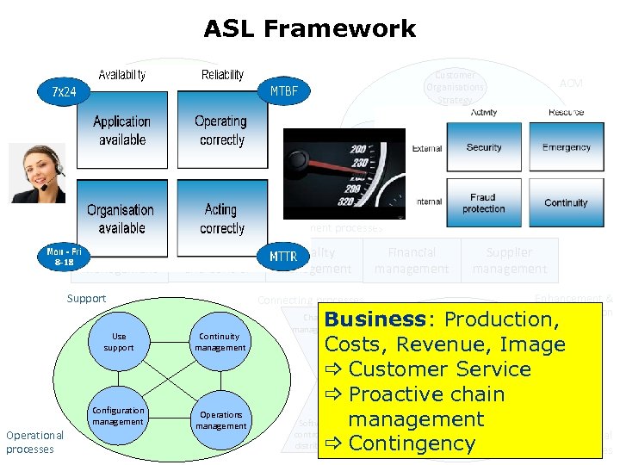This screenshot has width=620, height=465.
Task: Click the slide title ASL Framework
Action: coord(309,28)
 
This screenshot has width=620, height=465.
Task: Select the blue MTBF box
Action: coord(284,90)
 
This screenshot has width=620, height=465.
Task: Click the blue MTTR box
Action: coord(283,256)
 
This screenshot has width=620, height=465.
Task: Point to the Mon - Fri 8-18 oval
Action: coord(65,256)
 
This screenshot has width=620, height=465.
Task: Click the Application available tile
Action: coord(121,131)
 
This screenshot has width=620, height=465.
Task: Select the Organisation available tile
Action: coord(121,219)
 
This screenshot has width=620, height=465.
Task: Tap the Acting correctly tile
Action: coord(221,219)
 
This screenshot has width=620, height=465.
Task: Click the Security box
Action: coord(484,147)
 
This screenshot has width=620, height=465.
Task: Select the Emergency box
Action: coord(566,147)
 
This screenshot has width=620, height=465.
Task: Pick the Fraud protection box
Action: coord(484,203)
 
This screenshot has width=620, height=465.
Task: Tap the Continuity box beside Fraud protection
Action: coord(566,203)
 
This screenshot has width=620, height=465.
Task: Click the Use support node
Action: coord(125,342)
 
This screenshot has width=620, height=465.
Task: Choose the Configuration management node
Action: coord(119,416)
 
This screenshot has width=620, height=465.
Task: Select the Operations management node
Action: coord(220,420)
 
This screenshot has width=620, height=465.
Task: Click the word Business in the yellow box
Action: coord(375,319)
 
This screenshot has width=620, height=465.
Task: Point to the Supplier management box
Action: coord(510,261)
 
